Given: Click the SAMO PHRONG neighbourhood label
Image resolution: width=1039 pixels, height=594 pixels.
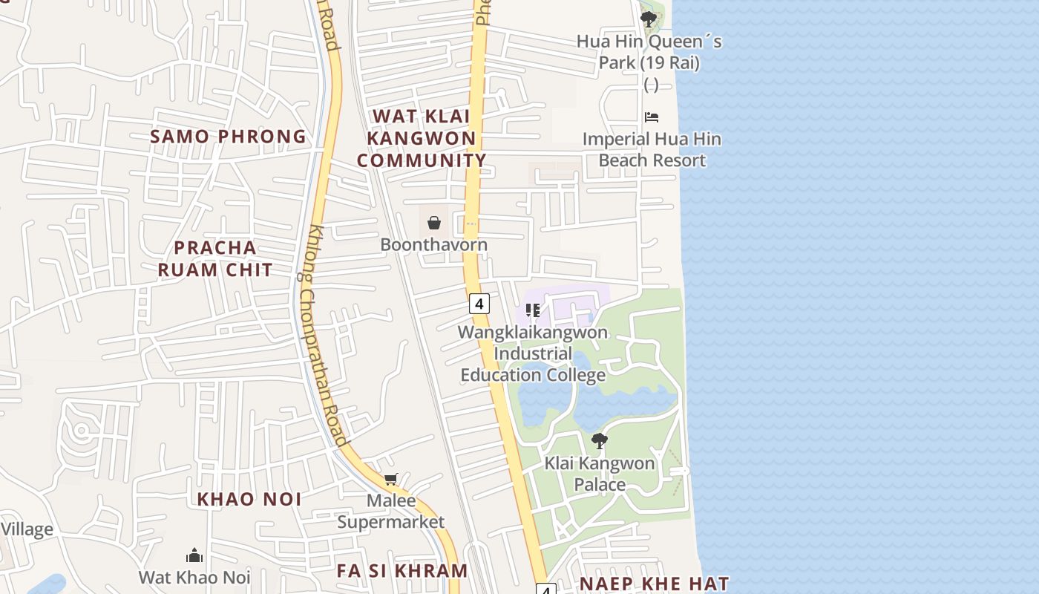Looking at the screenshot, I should [228, 137].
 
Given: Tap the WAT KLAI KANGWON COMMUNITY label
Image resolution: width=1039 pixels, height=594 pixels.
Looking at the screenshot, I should [422, 138].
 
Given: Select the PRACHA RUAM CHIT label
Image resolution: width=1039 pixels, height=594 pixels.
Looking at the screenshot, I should [215, 258].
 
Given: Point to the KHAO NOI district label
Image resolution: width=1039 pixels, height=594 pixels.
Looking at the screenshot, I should [249, 500].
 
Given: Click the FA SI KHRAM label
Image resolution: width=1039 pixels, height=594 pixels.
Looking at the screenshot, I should [402, 571].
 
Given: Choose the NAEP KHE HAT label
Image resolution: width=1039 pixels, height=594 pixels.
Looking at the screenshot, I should [654, 584].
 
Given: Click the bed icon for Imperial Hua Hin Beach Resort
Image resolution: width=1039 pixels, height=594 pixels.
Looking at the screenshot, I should [652, 117].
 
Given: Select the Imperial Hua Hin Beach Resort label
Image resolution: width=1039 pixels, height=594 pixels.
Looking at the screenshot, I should [652, 149].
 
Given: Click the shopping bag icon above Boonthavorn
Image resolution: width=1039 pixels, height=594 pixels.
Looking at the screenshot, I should [434, 222].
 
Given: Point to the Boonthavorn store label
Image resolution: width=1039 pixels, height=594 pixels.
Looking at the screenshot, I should [434, 244].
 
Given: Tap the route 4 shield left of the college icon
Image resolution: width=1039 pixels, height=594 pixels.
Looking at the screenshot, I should [479, 303].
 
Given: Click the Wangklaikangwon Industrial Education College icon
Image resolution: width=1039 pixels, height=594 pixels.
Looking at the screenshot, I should [532, 310].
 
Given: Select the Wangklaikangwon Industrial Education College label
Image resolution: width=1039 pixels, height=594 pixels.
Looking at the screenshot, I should [533, 353].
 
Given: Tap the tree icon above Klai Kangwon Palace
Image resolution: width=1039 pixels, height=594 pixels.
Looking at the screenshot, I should [600, 441].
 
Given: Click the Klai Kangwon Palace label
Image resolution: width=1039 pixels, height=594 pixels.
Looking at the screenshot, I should [600, 474].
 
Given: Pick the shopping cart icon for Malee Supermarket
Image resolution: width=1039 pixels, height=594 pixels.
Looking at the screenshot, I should [391, 480].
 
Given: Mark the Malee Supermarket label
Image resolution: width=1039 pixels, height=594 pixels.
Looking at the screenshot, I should [391, 511].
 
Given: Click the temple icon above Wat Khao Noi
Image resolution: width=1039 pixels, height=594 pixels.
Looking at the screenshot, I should [194, 555].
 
